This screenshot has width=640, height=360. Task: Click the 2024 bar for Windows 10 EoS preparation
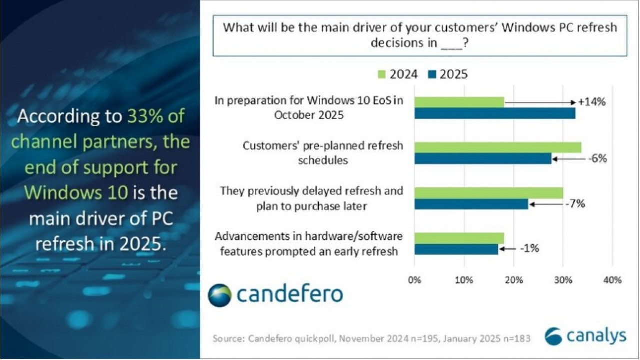[459, 102]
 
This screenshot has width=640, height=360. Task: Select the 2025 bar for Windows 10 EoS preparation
[494, 113]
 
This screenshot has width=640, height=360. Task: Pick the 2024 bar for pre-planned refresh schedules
[497, 147]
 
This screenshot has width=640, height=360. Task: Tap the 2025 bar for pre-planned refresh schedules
[482, 159]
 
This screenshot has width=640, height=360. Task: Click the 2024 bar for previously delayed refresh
[488, 193]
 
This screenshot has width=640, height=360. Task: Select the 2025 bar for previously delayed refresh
[471, 204]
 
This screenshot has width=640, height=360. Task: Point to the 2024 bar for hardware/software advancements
[459, 238]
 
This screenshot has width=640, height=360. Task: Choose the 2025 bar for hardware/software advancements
[456, 249]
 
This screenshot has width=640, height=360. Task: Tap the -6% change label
[597, 159]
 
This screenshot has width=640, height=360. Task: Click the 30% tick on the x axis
[563, 280]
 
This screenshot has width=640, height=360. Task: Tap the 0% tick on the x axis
[415, 280]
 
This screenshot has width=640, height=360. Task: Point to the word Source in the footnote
[227, 338]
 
